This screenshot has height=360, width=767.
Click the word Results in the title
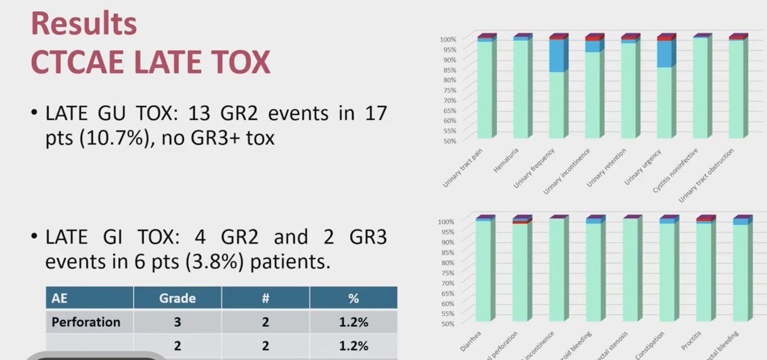click(x=84, y=24)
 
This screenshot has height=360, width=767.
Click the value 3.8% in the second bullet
click(x=213, y=262)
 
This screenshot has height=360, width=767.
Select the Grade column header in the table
click(x=177, y=298)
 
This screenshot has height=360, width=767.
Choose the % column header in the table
click(x=353, y=298)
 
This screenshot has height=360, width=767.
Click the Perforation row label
click(x=86, y=322)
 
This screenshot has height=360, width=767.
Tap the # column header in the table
click(x=265, y=298)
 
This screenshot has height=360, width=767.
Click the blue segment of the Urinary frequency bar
click(x=557, y=56)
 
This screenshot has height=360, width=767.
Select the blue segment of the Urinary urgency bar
click(x=664, y=54)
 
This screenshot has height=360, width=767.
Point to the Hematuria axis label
click(x=506, y=160)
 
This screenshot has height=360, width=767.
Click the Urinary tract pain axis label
click(x=462, y=168)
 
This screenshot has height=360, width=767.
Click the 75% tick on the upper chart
click(x=449, y=90)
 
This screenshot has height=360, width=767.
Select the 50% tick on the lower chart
click(x=448, y=323)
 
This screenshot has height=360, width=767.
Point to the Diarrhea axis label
click(x=470, y=342)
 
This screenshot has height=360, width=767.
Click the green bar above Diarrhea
click(x=483, y=271)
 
